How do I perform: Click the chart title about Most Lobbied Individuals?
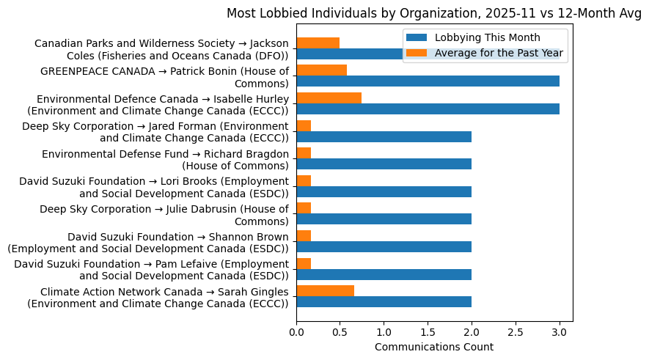click(x=433, y=13)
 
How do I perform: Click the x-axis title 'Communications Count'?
click(x=433, y=347)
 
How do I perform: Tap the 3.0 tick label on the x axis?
click(x=560, y=332)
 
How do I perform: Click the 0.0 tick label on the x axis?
click(x=296, y=332)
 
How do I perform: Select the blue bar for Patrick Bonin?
click(x=428, y=81)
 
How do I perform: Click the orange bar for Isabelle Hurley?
click(x=329, y=98)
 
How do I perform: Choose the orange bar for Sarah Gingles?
click(x=325, y=290)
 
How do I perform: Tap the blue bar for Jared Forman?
click(x=384, y=136)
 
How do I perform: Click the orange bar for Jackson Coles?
click(x=318, y=43)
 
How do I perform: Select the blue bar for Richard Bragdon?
click(x=384, y=164)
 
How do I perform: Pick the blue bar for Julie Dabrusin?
click(x=384, y=219)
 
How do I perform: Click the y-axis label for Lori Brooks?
click(x=154, y=187)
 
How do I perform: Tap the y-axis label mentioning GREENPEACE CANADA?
click(x=164, y=77)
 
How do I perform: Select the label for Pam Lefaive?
click(x=151, y=269)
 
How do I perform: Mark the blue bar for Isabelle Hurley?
click(x=428, y=109)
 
